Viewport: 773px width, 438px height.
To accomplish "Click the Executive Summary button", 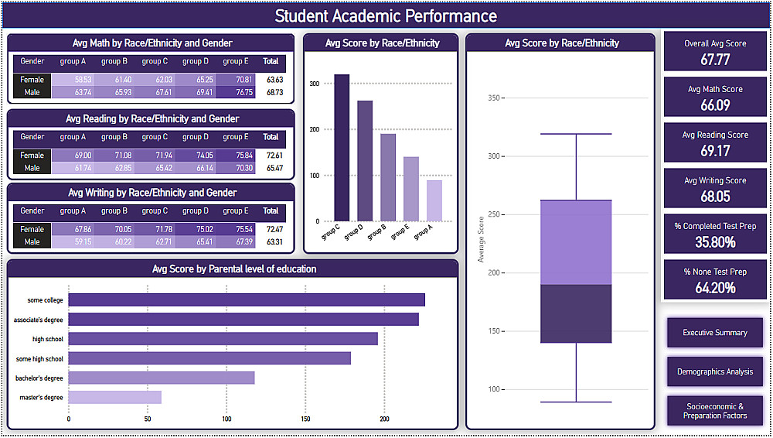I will pyautogui.click(x=715, y=333).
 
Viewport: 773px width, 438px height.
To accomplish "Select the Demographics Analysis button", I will pyautogui.click(x=715, y=371).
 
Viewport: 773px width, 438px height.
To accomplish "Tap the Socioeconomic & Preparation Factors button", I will pyautogui.click(x=715, y=411).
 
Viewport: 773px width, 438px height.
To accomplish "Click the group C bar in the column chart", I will pyautogui.click(x=342, y=147).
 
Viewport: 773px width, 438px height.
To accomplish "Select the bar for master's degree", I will pyautogui.click(x=115, y=398).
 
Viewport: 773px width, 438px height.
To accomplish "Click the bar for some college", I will pyautogui.click(x=247, y=300).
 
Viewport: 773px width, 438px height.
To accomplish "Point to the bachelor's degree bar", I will pyautogui.click(x=162, y=378).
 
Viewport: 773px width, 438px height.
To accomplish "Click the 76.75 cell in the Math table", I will pyautogui.click(x=237, y=93).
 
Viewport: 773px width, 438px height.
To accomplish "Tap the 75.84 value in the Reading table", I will pyautogui.click(x=237, y=156).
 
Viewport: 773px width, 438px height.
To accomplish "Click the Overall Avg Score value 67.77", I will pyautogui.click(x=715, y=60).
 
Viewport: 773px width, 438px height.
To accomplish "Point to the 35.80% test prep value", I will pyautogui.click(x=715, y=242).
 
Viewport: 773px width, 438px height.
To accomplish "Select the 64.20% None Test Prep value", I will pyautogui.click(x=715, y=288).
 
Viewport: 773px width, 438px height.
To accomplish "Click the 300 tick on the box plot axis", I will pyautogui.click(x=492, y=156).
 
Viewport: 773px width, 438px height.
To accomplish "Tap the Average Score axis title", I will pyautogui.click(x=481, y=239).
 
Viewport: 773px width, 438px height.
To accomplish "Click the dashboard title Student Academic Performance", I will pyautogui.click(x=386, y=16).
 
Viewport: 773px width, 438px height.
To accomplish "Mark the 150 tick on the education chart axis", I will pyautogui.click(x=305, y=419).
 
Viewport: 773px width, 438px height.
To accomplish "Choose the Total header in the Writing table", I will pyautogui.click(x=271, y=210).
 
